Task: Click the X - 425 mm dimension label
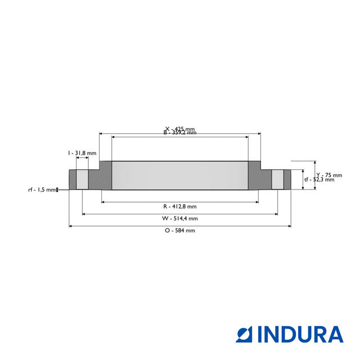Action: coord(179,129)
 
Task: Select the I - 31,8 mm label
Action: coord(82,153)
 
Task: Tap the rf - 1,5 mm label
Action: coord(42,190)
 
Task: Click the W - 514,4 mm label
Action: coord(179,218)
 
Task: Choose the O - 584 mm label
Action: coord(180,231)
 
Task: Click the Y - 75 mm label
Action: coord(325,174)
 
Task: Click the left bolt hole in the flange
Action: coord(82,179)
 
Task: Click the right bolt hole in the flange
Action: coord(277,179)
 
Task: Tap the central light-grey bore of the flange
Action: coord(180,175)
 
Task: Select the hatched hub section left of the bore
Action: coord(101,177)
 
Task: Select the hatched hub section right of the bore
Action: coord(259,177)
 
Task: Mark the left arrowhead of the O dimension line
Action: coord(70,226)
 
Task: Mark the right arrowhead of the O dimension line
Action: coord(290,226)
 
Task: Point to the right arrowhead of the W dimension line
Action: coord(276,214)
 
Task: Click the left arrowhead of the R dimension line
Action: coord(103,202)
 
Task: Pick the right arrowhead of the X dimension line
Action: coord(259,134)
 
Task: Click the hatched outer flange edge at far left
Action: coord(72,179)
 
